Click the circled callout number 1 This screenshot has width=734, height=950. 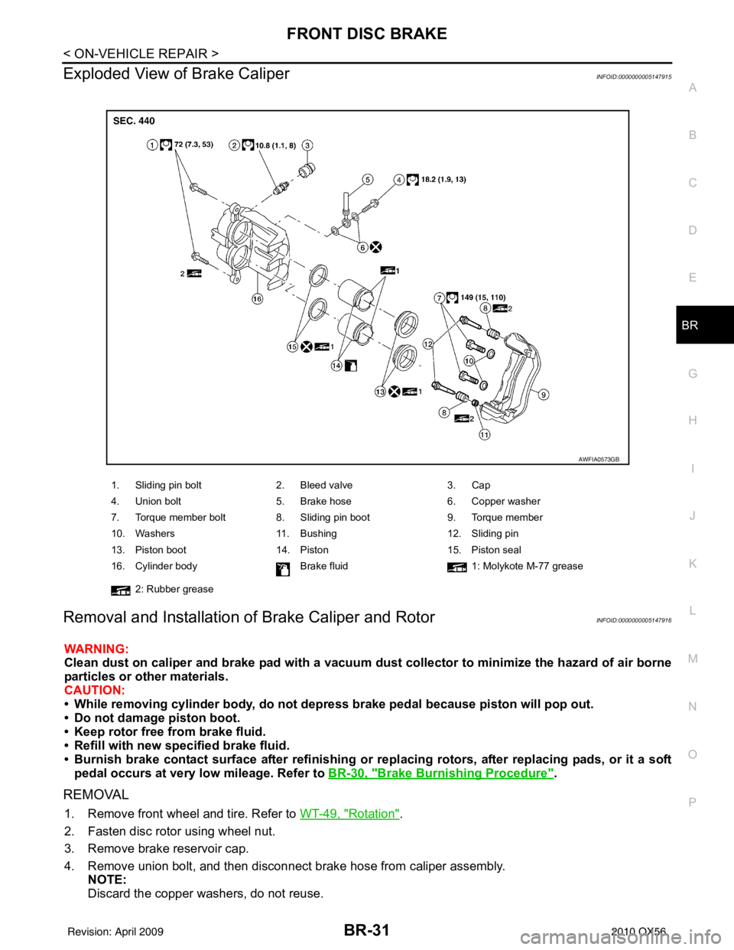[x=153, y=145]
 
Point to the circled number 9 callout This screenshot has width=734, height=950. [x=541, y=395]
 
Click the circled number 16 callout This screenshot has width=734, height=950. [x=258, y=298]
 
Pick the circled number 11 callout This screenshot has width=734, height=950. [x=484, y=434]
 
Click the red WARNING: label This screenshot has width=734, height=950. [x=96, y=649]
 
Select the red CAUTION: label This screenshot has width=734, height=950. [x=94, y=690]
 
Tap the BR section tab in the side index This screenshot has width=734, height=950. [x=690, y=325]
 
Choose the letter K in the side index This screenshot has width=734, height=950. [x=692, y=564]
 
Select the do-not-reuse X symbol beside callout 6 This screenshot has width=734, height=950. [x=375, y=246]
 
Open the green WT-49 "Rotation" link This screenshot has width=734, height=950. [x=349, y=813]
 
